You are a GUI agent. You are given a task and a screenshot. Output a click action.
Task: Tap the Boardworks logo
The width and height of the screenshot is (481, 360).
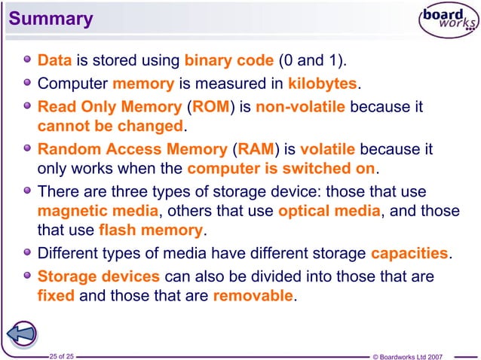[x=449, y=23]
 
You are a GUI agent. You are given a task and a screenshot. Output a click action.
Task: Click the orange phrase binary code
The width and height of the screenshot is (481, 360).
[x=229, y=59]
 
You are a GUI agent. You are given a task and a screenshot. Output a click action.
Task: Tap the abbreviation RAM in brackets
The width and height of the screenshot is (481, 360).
[x=256, y=147]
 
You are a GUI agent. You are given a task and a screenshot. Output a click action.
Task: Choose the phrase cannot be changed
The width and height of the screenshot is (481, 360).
[x=110, y=125]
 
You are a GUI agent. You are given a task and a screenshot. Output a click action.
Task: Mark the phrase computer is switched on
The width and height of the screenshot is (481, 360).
[x=281, y=166]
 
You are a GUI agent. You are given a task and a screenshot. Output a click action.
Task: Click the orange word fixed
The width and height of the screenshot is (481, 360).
[x=56, y=294]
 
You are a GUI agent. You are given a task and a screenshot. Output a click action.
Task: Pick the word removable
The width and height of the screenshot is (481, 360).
[x=253, y=294]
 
